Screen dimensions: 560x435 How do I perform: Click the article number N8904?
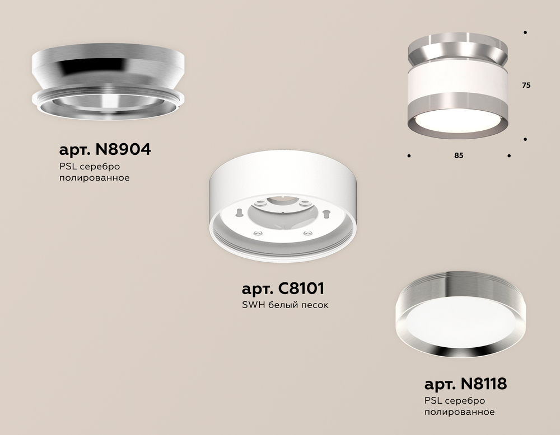pos(123,149)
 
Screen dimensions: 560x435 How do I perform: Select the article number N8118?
pos(484,384)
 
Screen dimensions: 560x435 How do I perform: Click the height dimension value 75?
pos(526,85)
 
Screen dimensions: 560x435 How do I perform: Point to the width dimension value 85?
pos(459,155)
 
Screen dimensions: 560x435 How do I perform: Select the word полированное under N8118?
pos(460,412)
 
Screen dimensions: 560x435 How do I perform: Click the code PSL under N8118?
pos(433,400)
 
